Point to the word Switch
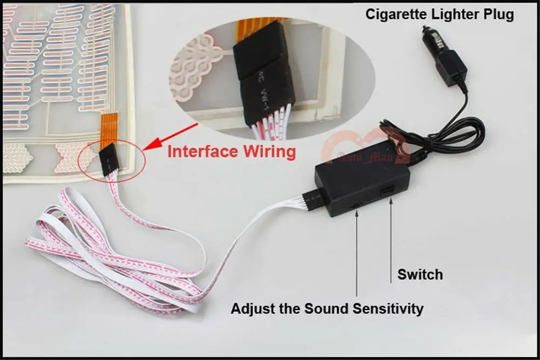click(x=420, y=274)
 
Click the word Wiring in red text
click(x=269, y=151)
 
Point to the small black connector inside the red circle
click(x=107, y=161)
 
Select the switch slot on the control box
click(x=388, y=192)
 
